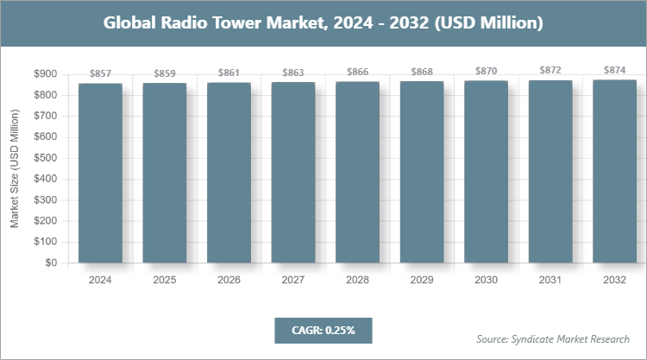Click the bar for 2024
tap(100, 173)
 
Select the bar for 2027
tap(293, 173)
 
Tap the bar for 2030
tap(487, 172)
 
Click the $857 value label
tap(100, 75)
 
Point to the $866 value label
tap(357, 73)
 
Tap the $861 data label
tap(229, 74)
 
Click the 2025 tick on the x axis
tap(165, 280)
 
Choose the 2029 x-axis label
tap(422, 280)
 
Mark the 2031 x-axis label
tap(550, 280)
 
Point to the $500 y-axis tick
tap(46, 158)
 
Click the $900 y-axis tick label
tap(46, 74)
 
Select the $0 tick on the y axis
tap(52, 262)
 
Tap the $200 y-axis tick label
tap(46, 221)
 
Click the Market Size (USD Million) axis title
tap(15, 168)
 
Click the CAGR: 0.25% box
tap(323, 330)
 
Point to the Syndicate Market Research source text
tap(553, 338)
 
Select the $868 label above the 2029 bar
tap(422, 73)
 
